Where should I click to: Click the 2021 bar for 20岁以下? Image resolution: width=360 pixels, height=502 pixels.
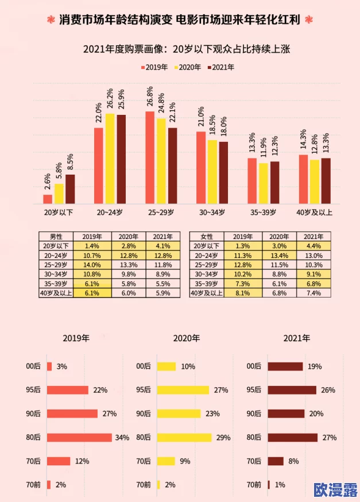(x=70, y=189)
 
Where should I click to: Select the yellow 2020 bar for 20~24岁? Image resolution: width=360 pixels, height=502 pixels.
(x=110, y=159)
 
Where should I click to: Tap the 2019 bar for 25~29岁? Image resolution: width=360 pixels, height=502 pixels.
(x=150, y=158)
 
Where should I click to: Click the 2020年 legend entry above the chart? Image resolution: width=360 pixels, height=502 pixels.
(x=188, y=67)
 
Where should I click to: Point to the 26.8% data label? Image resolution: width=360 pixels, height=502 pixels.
(x=149, y=96)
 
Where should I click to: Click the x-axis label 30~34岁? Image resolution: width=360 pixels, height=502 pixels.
(x=212, y=213)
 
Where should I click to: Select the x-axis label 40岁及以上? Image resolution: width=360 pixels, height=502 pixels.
(x=314, y=213)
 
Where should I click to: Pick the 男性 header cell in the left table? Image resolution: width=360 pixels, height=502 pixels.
(x=56, y=237)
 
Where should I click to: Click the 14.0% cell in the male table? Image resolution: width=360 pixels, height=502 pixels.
(x=92, y=265)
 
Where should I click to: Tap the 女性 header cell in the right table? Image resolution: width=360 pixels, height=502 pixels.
(x=207, y=237)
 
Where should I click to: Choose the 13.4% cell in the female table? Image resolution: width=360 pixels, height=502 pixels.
(x=280, y=256)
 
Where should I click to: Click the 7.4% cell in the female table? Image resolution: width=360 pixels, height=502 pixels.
(x=314, y=293)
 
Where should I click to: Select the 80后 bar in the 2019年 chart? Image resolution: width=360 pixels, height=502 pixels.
(x=79, y=437)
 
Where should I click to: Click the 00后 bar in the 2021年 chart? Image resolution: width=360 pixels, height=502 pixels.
(x=285, y=366)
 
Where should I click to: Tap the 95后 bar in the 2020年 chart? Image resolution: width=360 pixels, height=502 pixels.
(x=183, y=390)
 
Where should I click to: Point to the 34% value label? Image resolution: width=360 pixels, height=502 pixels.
(x=122, y=437)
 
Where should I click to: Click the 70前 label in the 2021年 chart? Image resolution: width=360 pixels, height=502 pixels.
(x=254, y=485)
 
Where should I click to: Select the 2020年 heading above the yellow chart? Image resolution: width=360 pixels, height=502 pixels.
(x=186, y=338)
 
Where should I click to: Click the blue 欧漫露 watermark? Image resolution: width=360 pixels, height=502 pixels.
(x=335, y=489)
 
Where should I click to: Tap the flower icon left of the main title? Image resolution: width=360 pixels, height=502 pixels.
(x=51, y=20)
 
